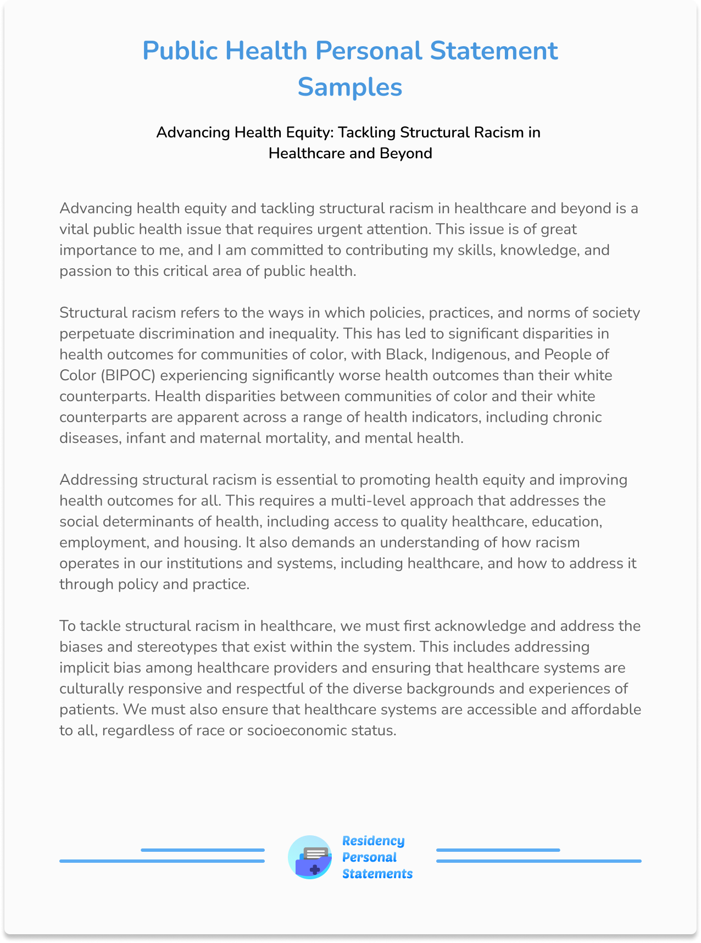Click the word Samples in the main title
point(350,87)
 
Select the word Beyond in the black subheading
point(405,153)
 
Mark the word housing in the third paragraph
point(213,542)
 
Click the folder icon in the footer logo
point(310,858)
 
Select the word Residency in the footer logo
point(373,841)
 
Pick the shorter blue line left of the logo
point(203,850)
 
